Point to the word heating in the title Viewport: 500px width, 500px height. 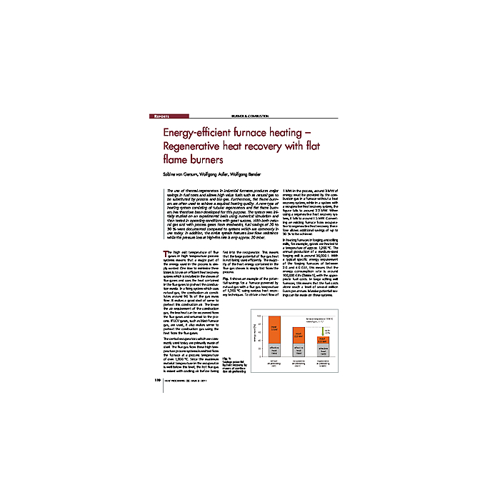coord(294,134)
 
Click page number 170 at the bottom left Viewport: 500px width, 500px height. coord(157,380)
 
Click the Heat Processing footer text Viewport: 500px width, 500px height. coord(183,380)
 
